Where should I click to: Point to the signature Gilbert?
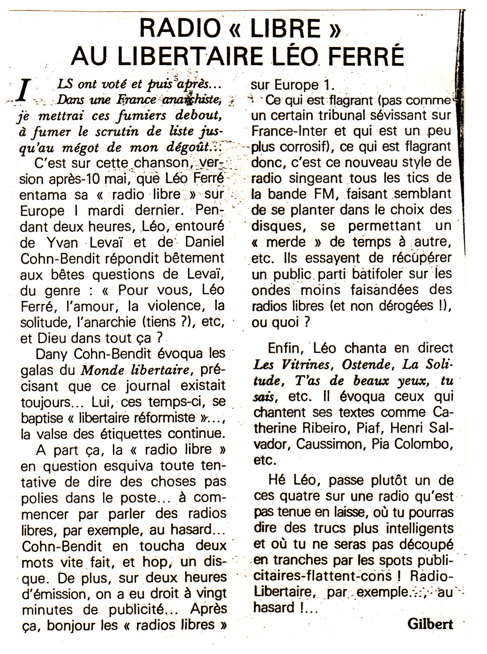click(x=430, y=624)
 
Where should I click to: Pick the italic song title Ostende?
click(x=366, y=364)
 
